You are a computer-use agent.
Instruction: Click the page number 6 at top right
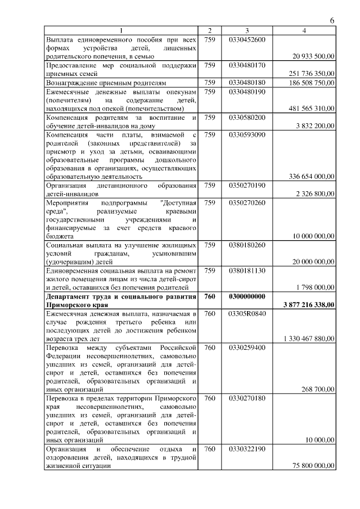tap(332, 20)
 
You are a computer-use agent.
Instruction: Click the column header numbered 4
tap(304, 30)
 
